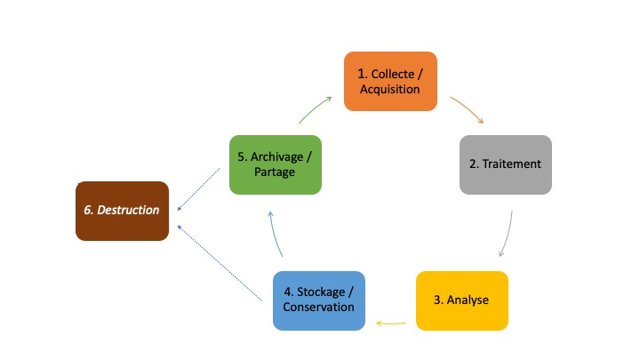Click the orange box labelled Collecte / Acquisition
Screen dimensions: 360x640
[x=390, y=81]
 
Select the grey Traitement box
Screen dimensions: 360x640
[x=505, y=164]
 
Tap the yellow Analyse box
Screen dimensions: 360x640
[x=461, y=300]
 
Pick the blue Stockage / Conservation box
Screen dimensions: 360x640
[x=318, y=300]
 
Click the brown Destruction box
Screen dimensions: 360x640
[x=122, y=211]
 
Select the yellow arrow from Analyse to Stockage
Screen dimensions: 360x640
[x=392, y=322]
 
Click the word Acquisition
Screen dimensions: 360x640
[x=390, y=90]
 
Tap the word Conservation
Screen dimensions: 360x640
[x=318, y=308]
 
